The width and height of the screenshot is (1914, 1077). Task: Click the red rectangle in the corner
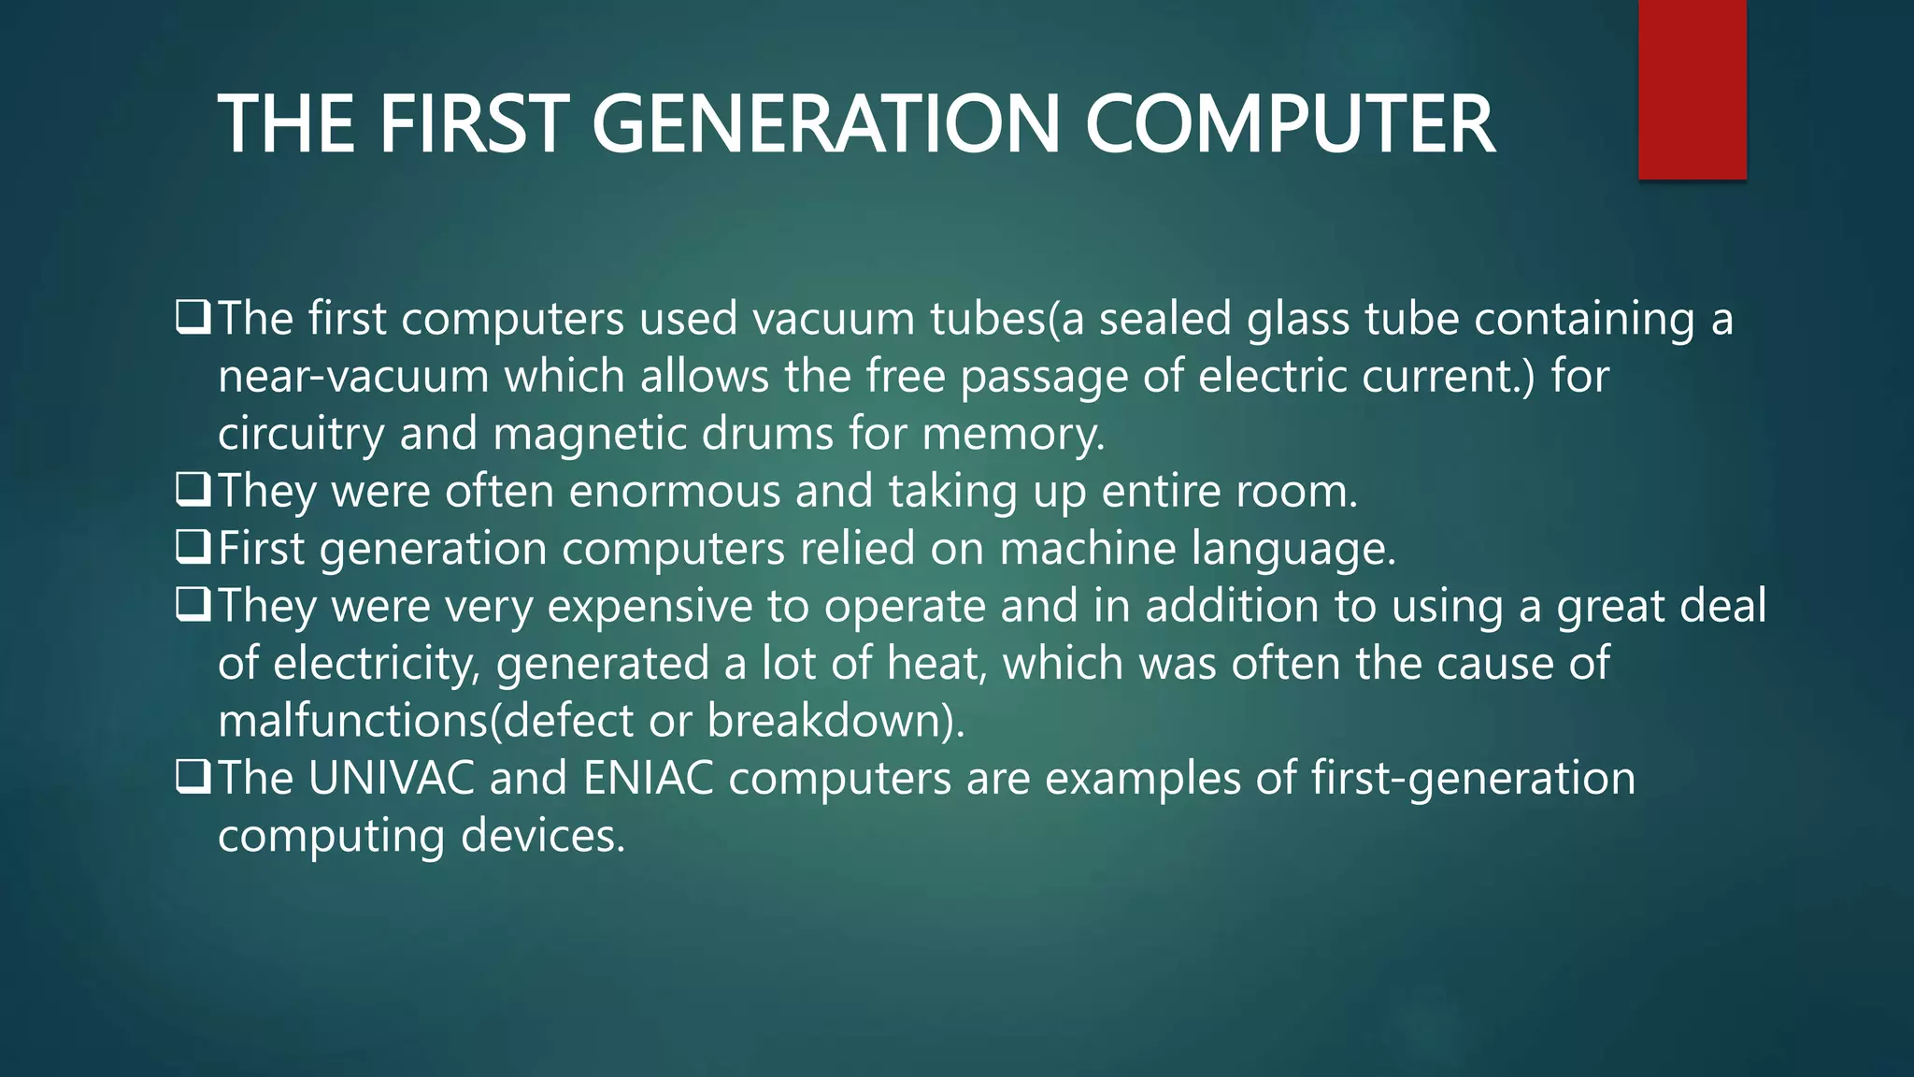1692,89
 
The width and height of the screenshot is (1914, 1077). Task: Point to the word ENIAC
649,778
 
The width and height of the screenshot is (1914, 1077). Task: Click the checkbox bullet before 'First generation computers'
193,547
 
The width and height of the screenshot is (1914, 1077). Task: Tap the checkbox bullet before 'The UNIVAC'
193,777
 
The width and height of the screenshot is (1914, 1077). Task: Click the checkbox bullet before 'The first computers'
193,318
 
